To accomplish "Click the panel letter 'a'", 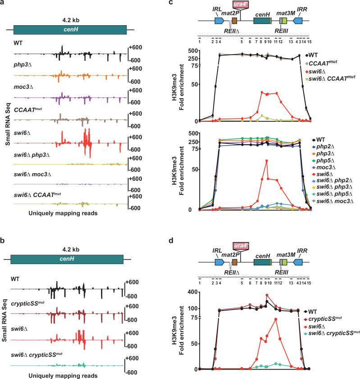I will coord(3,3).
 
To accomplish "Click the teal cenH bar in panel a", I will coord(70,29).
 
